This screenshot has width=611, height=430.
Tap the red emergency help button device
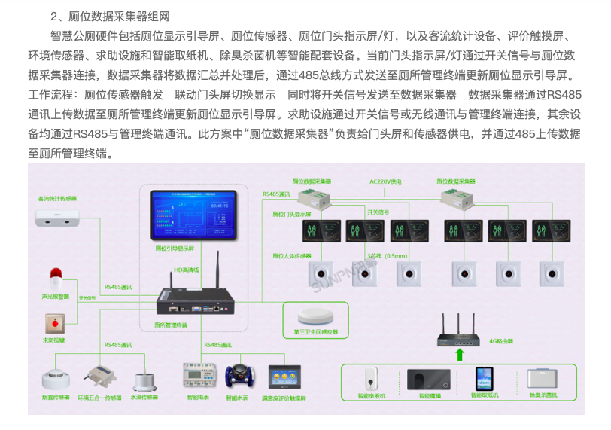[x=54, y=323]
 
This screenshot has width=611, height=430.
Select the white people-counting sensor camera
[x=57, y=218]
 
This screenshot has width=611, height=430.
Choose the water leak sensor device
[x=144, y=380]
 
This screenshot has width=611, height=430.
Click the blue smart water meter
[x=242, y=374]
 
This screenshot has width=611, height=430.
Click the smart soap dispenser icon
[x=371, y=377]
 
